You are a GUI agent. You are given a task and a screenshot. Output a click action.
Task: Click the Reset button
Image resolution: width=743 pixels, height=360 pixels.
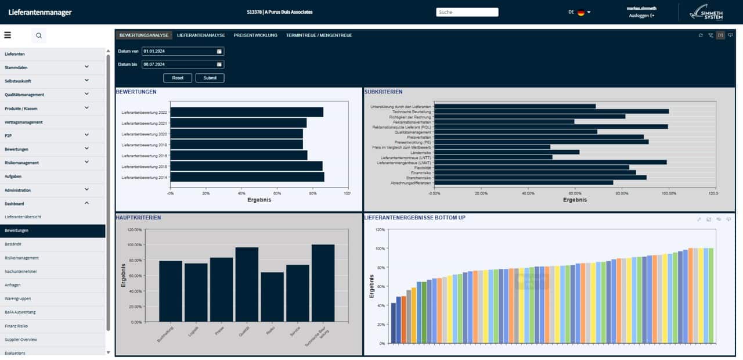(x=178, y=78)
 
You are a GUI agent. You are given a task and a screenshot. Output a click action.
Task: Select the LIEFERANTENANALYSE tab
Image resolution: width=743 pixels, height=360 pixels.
(x=201, y=35)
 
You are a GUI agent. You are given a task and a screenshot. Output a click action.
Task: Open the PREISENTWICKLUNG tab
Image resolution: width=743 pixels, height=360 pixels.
(x=255, y=35)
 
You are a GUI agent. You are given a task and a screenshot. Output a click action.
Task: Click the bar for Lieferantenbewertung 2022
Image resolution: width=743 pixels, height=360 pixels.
(x=247, y=112)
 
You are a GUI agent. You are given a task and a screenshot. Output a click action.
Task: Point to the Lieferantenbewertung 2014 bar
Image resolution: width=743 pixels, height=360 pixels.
(x=247, y=177)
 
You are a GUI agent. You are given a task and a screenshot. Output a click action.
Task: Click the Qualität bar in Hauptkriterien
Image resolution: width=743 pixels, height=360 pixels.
(x=247, y=285)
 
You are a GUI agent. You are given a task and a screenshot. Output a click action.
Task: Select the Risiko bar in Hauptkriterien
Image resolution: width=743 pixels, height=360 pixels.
(x=272, y=297)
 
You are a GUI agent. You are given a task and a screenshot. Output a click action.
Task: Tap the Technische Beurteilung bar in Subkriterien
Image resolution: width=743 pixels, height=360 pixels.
(x=551, y=111)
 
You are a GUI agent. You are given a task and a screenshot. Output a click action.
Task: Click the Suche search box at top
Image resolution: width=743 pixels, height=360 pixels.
(x=467, y=12)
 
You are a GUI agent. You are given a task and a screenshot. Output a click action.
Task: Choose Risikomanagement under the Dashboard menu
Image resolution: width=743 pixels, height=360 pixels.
(x=21, y=258)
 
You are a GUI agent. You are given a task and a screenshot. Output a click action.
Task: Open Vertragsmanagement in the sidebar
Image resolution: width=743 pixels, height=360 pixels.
(x=24, y=122)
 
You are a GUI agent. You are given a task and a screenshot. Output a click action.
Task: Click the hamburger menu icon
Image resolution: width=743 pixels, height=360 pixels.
(x=8, y=35)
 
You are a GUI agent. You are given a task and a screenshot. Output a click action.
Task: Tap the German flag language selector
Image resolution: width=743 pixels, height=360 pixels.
(x=580, y=12)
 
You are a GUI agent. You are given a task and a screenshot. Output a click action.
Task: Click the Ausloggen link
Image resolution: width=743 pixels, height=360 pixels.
(x=641, y=16)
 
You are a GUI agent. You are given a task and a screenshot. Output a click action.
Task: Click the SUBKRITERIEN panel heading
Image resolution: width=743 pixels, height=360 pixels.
(x=383, y=92)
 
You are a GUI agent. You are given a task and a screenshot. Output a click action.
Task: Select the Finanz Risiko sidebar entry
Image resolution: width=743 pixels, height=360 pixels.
(x=16, y=326)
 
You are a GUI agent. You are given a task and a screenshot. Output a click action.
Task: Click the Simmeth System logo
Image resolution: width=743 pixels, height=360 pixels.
(x=706, y=12)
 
